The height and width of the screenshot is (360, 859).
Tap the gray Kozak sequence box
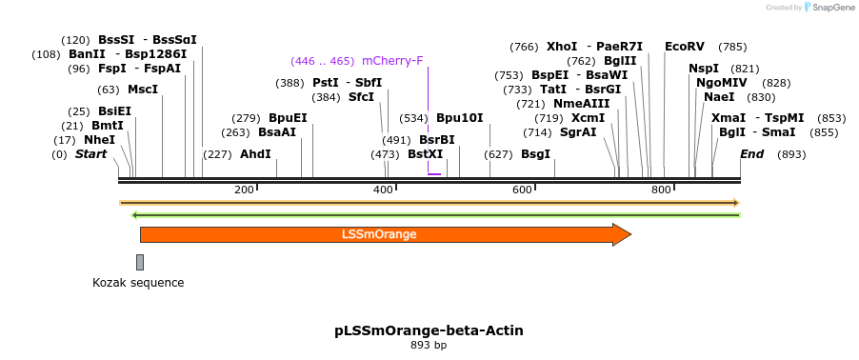tap(140, 262)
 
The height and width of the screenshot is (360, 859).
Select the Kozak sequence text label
tap(138, 283)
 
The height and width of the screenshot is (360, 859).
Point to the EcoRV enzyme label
tap(685, 46)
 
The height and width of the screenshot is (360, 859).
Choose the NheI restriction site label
tap(99, 139)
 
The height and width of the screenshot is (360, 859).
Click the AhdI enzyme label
tap(255, 153)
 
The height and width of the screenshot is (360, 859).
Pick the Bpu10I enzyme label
tap(459, 118)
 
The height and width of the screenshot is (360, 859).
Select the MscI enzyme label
tap(142, 90)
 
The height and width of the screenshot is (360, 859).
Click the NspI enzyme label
tap(704, 69)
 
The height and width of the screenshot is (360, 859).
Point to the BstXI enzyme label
tap(425, 153)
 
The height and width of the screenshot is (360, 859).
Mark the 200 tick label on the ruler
tap(244, 190)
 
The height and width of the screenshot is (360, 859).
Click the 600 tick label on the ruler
tap(522, 190)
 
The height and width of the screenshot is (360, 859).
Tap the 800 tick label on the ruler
tap(661, 190)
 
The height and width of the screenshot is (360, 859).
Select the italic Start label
tap(90, 153)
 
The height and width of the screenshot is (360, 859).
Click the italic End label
tap(752, 153)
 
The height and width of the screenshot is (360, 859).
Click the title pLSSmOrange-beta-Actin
tap(429, 330)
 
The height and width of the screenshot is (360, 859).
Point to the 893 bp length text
tap(429, 345)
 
